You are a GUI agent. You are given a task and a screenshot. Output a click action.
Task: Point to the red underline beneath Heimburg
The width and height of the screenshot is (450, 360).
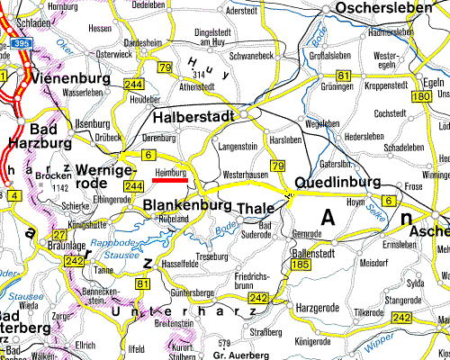pyautogui.click(x=170, y=179)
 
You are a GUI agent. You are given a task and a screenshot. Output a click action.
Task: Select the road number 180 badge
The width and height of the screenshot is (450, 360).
pyautogui.click(x=420, y=96)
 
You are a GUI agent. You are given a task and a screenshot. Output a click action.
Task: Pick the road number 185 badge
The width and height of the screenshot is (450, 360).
pyautogui.click(x=301, y=265)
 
